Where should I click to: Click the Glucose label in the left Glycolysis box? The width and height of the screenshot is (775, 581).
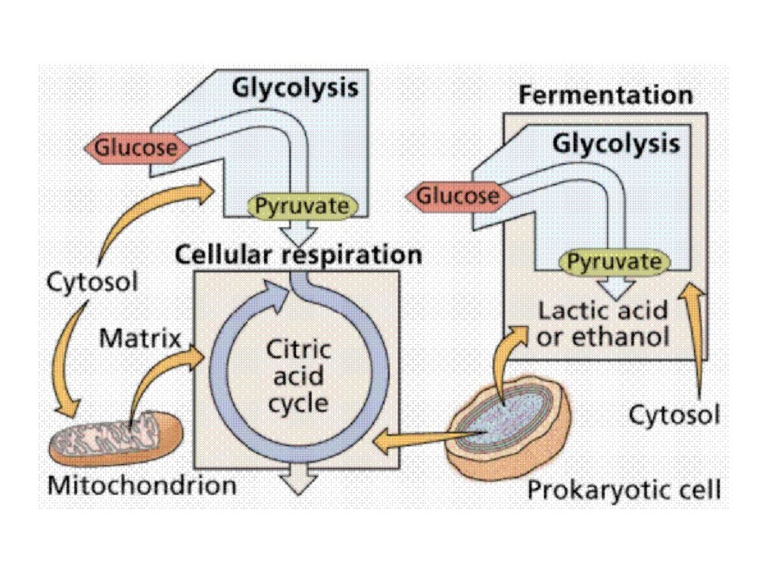[135, 147]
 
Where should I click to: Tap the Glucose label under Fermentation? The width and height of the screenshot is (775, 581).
[457, 197]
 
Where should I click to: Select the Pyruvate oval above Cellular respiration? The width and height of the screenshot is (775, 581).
[302, 206]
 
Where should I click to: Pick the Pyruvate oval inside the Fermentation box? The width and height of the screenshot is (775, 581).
[615, 263]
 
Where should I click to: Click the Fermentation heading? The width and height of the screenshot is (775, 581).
[605, 96]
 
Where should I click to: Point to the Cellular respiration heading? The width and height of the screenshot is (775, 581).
[298, 254]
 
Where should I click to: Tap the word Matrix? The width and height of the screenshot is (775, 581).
[140, 337]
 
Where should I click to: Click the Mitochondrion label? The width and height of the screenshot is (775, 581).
[142, 485]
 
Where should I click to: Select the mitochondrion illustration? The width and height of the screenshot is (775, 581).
[115, 439]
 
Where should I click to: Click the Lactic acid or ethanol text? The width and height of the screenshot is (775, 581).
[603, 322]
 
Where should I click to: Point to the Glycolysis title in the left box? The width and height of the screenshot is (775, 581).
[294, 88]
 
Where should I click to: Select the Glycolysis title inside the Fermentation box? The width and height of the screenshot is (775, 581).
[616, 143]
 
